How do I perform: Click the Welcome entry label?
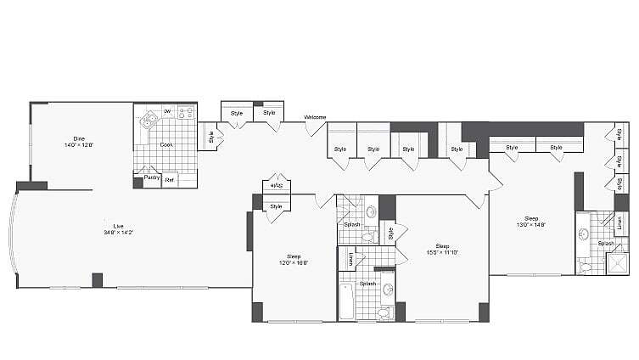(315, 117)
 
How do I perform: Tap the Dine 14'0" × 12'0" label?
(78, 142)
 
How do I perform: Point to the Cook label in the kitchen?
(167, 144)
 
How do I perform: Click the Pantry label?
(151, 178)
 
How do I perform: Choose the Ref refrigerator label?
(169, 179)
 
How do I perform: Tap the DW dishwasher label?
(167, 111)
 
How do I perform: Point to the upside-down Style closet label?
(276, 185)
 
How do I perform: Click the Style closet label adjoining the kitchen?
(209, 135)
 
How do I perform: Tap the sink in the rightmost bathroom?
(585, 234)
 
